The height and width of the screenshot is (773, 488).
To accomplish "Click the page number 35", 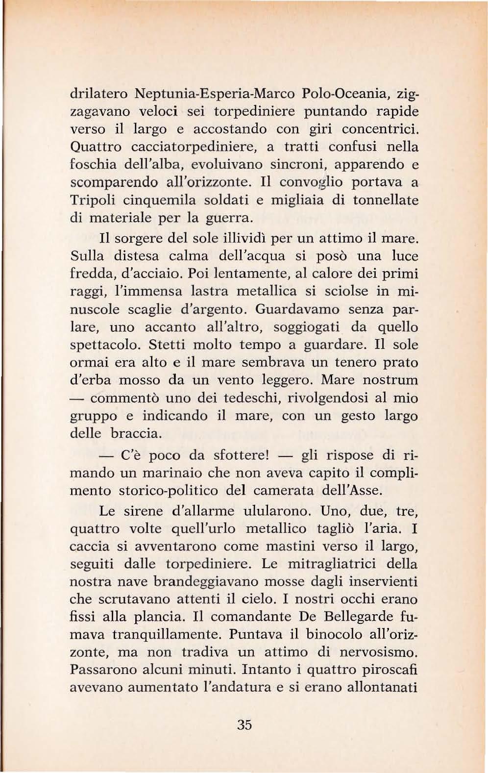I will point(244,725).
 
